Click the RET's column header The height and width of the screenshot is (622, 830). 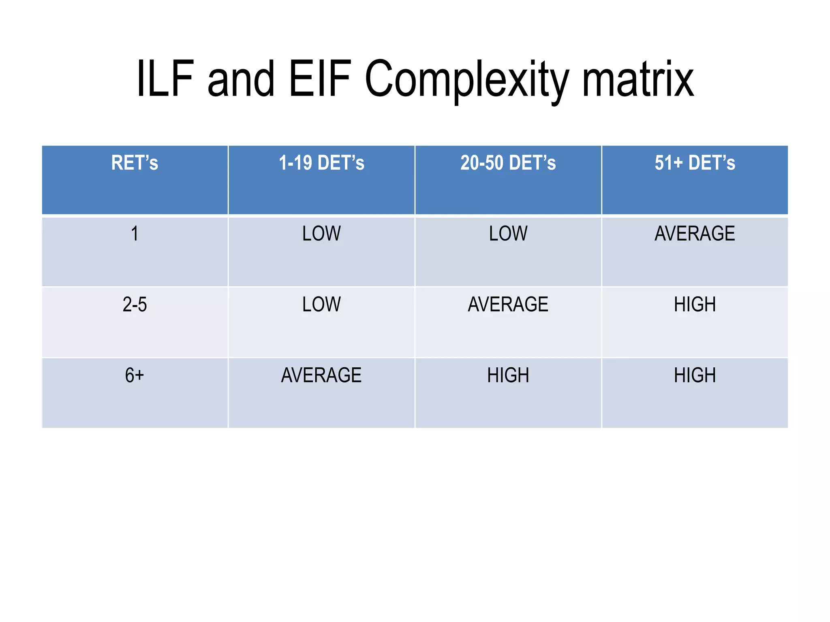coord(135,163)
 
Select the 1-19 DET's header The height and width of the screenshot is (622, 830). coord(321,163)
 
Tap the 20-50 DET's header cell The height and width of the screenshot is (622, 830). coord(508,163)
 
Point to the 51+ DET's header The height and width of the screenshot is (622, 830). coord(695,163)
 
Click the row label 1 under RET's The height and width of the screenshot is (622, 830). coord(135,234)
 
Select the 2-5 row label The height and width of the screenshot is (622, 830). coord(135,305)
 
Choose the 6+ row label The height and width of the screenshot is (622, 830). coord(135,375)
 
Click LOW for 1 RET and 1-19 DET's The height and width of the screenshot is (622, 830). coord(321,234)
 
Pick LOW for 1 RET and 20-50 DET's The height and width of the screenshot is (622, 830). coord(508,234)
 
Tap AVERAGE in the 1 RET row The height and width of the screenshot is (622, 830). coord(695,234)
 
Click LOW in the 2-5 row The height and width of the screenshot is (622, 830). coord(321,305)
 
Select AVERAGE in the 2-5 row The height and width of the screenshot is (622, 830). coord(508,305)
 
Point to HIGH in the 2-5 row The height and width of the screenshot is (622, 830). coord(695,305)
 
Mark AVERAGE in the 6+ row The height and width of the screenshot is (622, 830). coord(321,375)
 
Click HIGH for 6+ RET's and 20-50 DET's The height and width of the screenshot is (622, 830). coord(508,375)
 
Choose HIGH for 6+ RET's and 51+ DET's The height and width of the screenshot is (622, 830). coord(695,375)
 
